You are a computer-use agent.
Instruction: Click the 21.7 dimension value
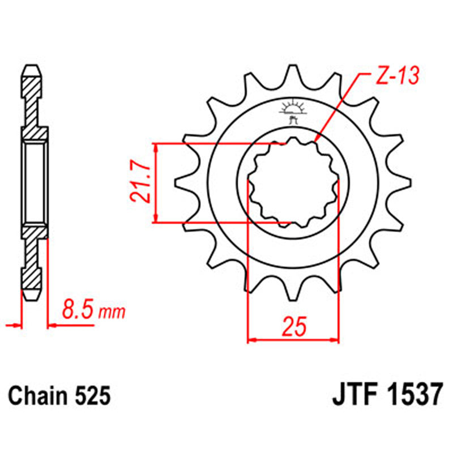[x=139, y=182]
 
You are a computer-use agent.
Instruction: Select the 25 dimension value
[x=293, y=327]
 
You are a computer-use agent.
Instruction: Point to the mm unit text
[x=112, y=312]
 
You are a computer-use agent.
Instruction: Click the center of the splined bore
[x=293, y=182]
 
